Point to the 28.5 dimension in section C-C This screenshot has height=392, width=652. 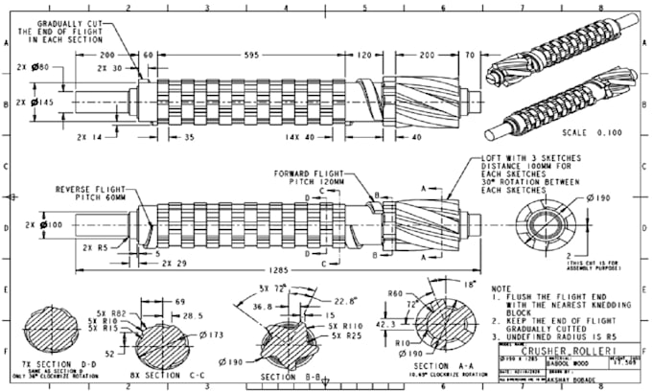tap(194, 314)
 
